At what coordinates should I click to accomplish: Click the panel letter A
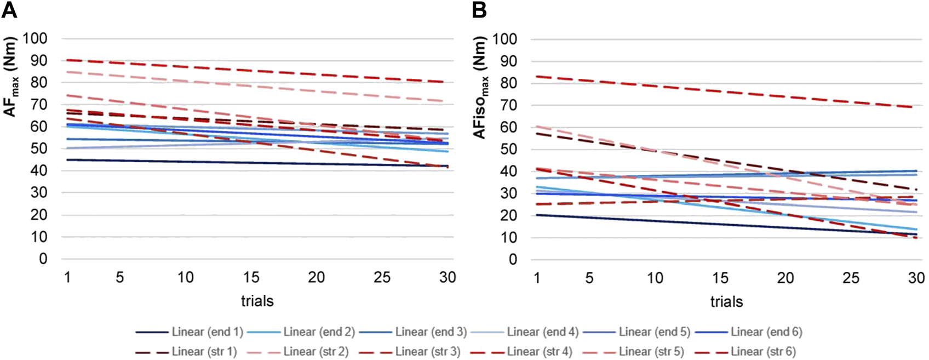point(9,10)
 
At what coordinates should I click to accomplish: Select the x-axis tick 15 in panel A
point(251,277)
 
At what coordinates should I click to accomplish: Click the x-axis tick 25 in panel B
point(851,278)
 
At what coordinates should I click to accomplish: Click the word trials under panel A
point(257,301)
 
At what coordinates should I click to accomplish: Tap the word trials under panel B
point(726,301)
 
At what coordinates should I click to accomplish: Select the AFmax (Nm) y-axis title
point(10,77)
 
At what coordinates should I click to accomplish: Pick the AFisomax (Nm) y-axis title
point(480,88)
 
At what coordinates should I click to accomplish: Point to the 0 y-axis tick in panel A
point(43,259)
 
